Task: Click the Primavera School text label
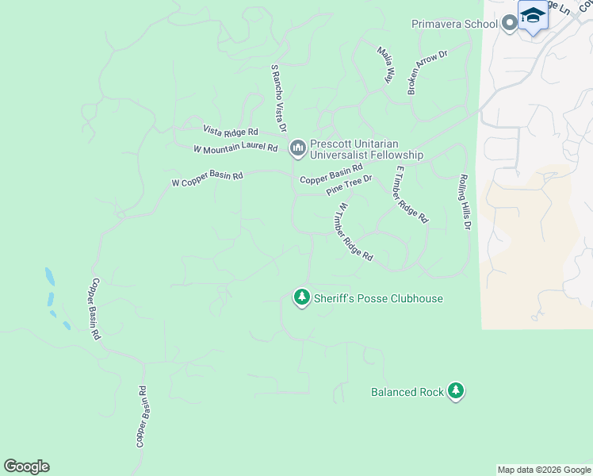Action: click(x=454, y=24)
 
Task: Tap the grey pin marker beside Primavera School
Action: click(x=508, y=24)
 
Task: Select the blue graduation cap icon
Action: click(x=533, y=16)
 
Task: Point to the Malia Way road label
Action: click(x=386, y=64)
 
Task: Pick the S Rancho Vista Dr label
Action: click(x=278, y=99)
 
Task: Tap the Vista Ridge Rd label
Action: click(x=231, y=130)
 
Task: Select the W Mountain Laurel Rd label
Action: click(x=235, y=148)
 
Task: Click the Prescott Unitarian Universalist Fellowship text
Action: click(x=366, y=150)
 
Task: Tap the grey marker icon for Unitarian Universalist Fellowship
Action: click(x=298, y=148)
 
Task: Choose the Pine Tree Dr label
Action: click(x=349, y=186)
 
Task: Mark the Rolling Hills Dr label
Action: click(x=465, y=203)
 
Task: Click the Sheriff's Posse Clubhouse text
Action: click(x=378, y=298)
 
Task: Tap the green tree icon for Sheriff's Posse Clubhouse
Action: click(x=301, y=297)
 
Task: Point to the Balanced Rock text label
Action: click(x=406, y=392)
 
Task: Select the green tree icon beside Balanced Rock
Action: click(x=455, y=391)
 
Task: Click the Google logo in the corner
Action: click(x=26, y=466)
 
